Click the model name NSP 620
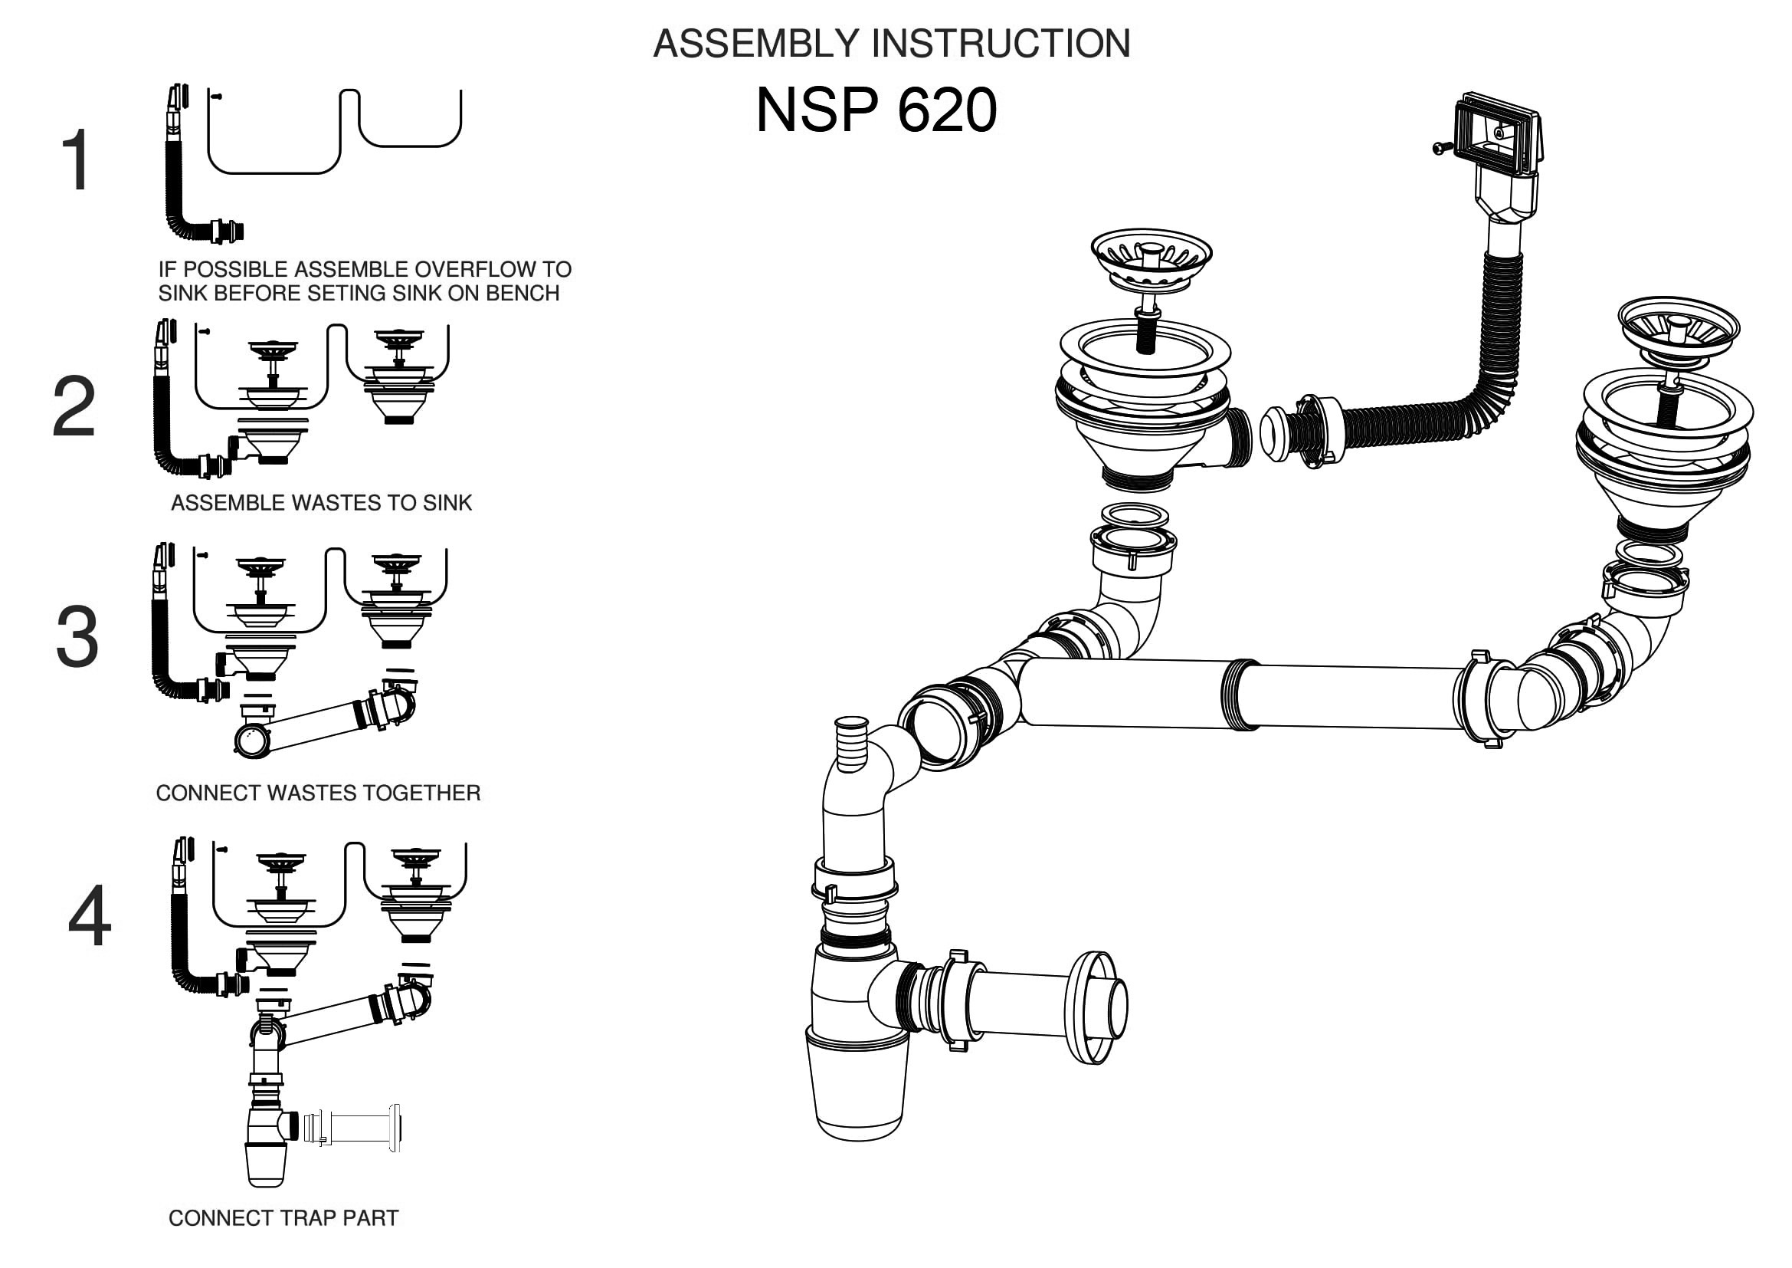point(876,110)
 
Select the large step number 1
point(76,161)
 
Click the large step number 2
point(74,407)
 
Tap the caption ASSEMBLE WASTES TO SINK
point(321,503)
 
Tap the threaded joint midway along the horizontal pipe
point(1240,695)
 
